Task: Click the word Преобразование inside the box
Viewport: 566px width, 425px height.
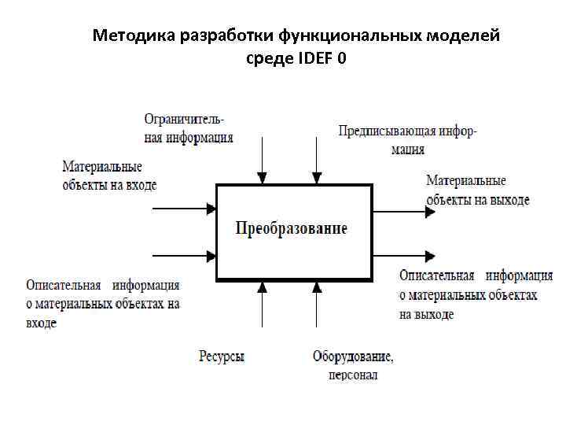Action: tap(292, 229)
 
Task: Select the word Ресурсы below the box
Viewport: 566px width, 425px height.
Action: tap(222, 357)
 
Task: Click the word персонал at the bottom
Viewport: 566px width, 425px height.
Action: tap(353, 375)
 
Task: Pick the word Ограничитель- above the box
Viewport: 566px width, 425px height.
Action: tap(184, 119)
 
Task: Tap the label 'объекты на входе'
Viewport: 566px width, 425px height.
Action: tap(109, 185)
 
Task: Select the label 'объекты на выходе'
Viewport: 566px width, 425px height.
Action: tap(478, 200)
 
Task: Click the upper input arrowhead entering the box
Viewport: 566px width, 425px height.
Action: tap(211, 209)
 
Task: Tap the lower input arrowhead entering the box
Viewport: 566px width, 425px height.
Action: tap(211, 255)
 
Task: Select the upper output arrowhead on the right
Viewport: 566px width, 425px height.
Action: tap(429, 211)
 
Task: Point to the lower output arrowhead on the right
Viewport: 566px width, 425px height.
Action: tap(429, 256)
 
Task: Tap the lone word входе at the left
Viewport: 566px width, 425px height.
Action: tap(41, 322)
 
